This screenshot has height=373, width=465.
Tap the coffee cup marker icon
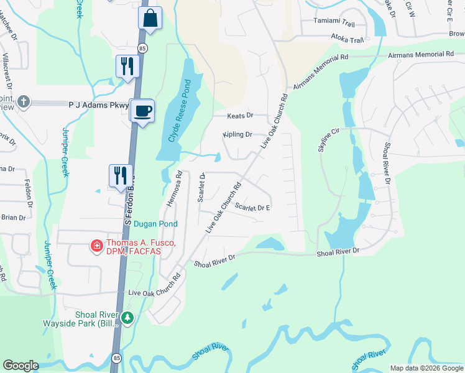click(143, 111)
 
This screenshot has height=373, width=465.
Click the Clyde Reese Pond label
click(178, 111)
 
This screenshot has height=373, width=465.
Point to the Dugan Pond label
click(156, 224)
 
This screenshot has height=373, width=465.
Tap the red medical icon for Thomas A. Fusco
click(96, 246)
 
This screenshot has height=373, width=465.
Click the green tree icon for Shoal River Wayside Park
click(127, 318)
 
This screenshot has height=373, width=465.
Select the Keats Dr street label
click(241, 116)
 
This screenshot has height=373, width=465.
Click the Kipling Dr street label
click(237, 134)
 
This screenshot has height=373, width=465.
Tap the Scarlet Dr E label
click(252, 208)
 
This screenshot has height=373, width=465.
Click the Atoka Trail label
click(347, 39)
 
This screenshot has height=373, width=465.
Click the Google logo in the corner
click(21, 366)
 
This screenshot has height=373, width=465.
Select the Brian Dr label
click(13, 218)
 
